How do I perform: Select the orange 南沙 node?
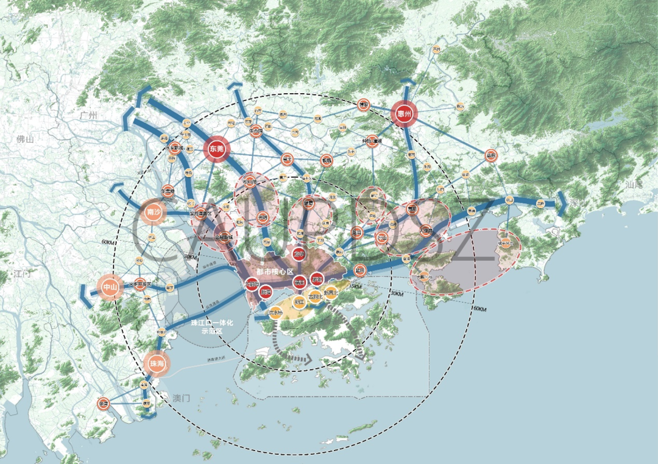click(x=152, y=213)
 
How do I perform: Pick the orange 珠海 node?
click(x=155, y=364)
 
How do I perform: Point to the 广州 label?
click(x=93, y=115)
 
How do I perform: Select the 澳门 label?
click(x=182, y=398)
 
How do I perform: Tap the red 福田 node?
click(x=299, y=281)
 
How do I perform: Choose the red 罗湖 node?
click(x=317, y=280)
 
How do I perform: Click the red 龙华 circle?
click(x=299, y=253)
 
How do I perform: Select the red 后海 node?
click(x=266, y=293)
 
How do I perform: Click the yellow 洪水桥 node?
click(x=275, y=313)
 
